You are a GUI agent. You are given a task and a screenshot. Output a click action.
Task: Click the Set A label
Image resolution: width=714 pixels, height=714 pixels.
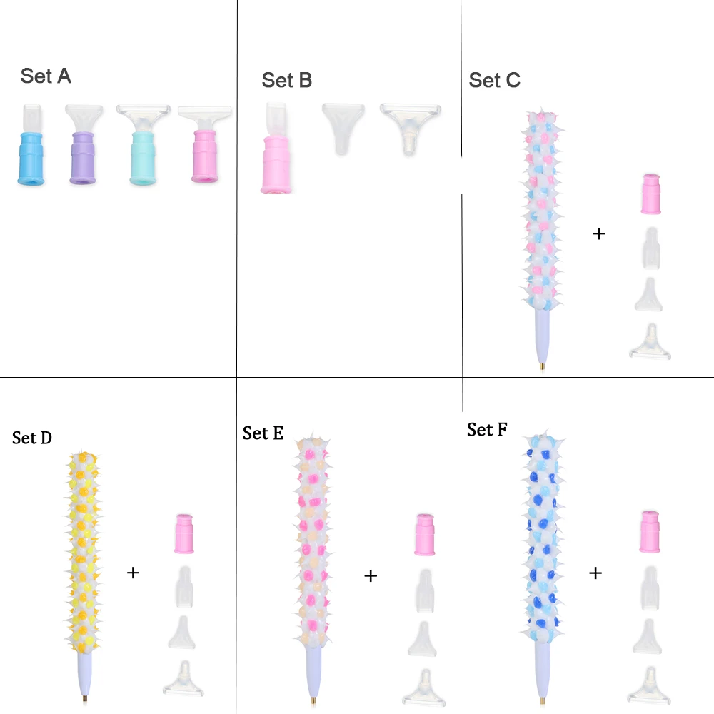[46, 76]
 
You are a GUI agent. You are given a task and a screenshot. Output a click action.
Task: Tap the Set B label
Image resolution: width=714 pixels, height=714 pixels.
[286, 80]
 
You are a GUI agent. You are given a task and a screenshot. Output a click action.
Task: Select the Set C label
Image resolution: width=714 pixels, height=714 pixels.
[494, 81]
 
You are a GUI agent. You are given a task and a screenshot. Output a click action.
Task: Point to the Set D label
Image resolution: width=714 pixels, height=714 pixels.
[32, 438]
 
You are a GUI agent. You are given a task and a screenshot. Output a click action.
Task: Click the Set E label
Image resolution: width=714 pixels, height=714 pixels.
[263, 433]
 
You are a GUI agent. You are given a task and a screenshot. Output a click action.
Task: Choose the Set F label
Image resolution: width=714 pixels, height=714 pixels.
[487, 429]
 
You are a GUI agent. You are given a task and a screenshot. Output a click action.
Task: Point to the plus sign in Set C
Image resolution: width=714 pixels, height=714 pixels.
[599, 233]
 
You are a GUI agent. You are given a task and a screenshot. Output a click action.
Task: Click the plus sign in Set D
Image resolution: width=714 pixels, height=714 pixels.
[133, 572]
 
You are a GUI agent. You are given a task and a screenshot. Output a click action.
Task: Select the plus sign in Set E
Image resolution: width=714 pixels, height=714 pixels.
[371, 575]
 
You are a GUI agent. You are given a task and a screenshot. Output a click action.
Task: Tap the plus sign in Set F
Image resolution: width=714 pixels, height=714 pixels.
[595, 573]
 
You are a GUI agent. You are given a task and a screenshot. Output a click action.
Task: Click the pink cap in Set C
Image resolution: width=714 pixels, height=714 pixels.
[650, 193]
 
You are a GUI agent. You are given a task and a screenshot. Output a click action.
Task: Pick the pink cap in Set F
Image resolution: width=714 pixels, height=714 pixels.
[650, 531]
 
